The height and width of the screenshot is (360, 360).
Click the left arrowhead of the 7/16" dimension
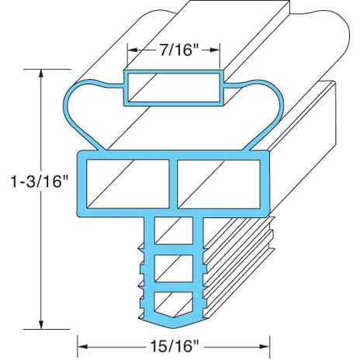[x=130, y=50]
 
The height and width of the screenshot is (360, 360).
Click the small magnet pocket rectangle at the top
[x=174, y=87]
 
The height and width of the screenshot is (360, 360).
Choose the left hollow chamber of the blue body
[x=127, y=183]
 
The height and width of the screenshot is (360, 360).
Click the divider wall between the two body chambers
[x=174, y=183]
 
